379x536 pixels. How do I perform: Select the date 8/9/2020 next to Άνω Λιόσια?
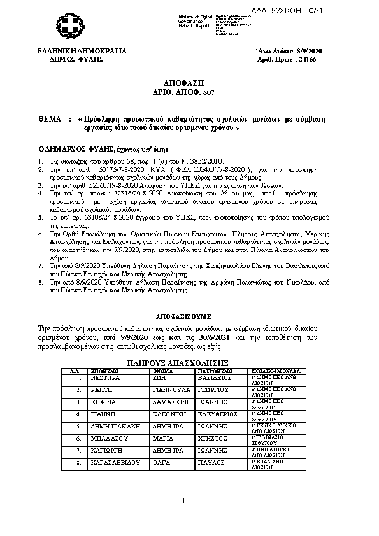[x=313, y=50]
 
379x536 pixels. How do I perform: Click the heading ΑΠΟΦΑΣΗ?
[x=190, y=84]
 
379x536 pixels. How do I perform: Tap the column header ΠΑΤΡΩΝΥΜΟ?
[x=214, y=370]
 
